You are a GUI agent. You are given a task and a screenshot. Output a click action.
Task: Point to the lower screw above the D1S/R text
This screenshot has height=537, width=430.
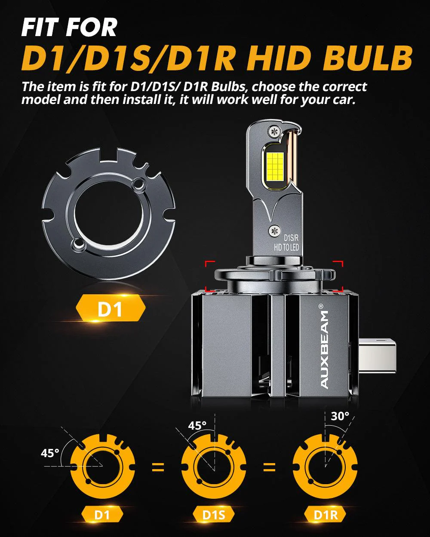(x=273, y=230)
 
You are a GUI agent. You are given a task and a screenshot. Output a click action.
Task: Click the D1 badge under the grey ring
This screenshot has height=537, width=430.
(x=111, y=309)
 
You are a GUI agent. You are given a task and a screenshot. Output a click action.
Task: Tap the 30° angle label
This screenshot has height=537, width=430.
(x=340, y=416)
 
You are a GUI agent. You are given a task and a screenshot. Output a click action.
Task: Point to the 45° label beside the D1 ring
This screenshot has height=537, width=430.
(x=50, y=453)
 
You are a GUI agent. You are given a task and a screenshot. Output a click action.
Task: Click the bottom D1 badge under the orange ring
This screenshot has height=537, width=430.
(x=102, y=514)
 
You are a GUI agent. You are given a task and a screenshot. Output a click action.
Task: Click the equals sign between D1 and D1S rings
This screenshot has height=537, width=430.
(x=158, y=467)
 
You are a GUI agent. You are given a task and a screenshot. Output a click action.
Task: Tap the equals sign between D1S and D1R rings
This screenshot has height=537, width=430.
(x=270, y=467)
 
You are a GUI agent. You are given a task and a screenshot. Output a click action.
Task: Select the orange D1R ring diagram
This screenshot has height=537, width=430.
(x=326, y=464)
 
